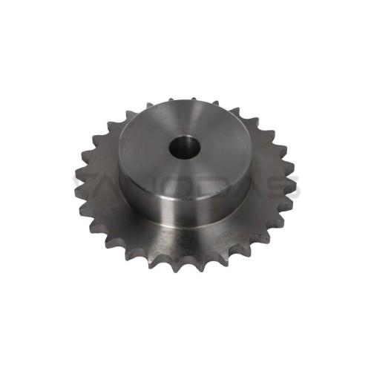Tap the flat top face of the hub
215,160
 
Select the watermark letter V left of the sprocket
80,183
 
